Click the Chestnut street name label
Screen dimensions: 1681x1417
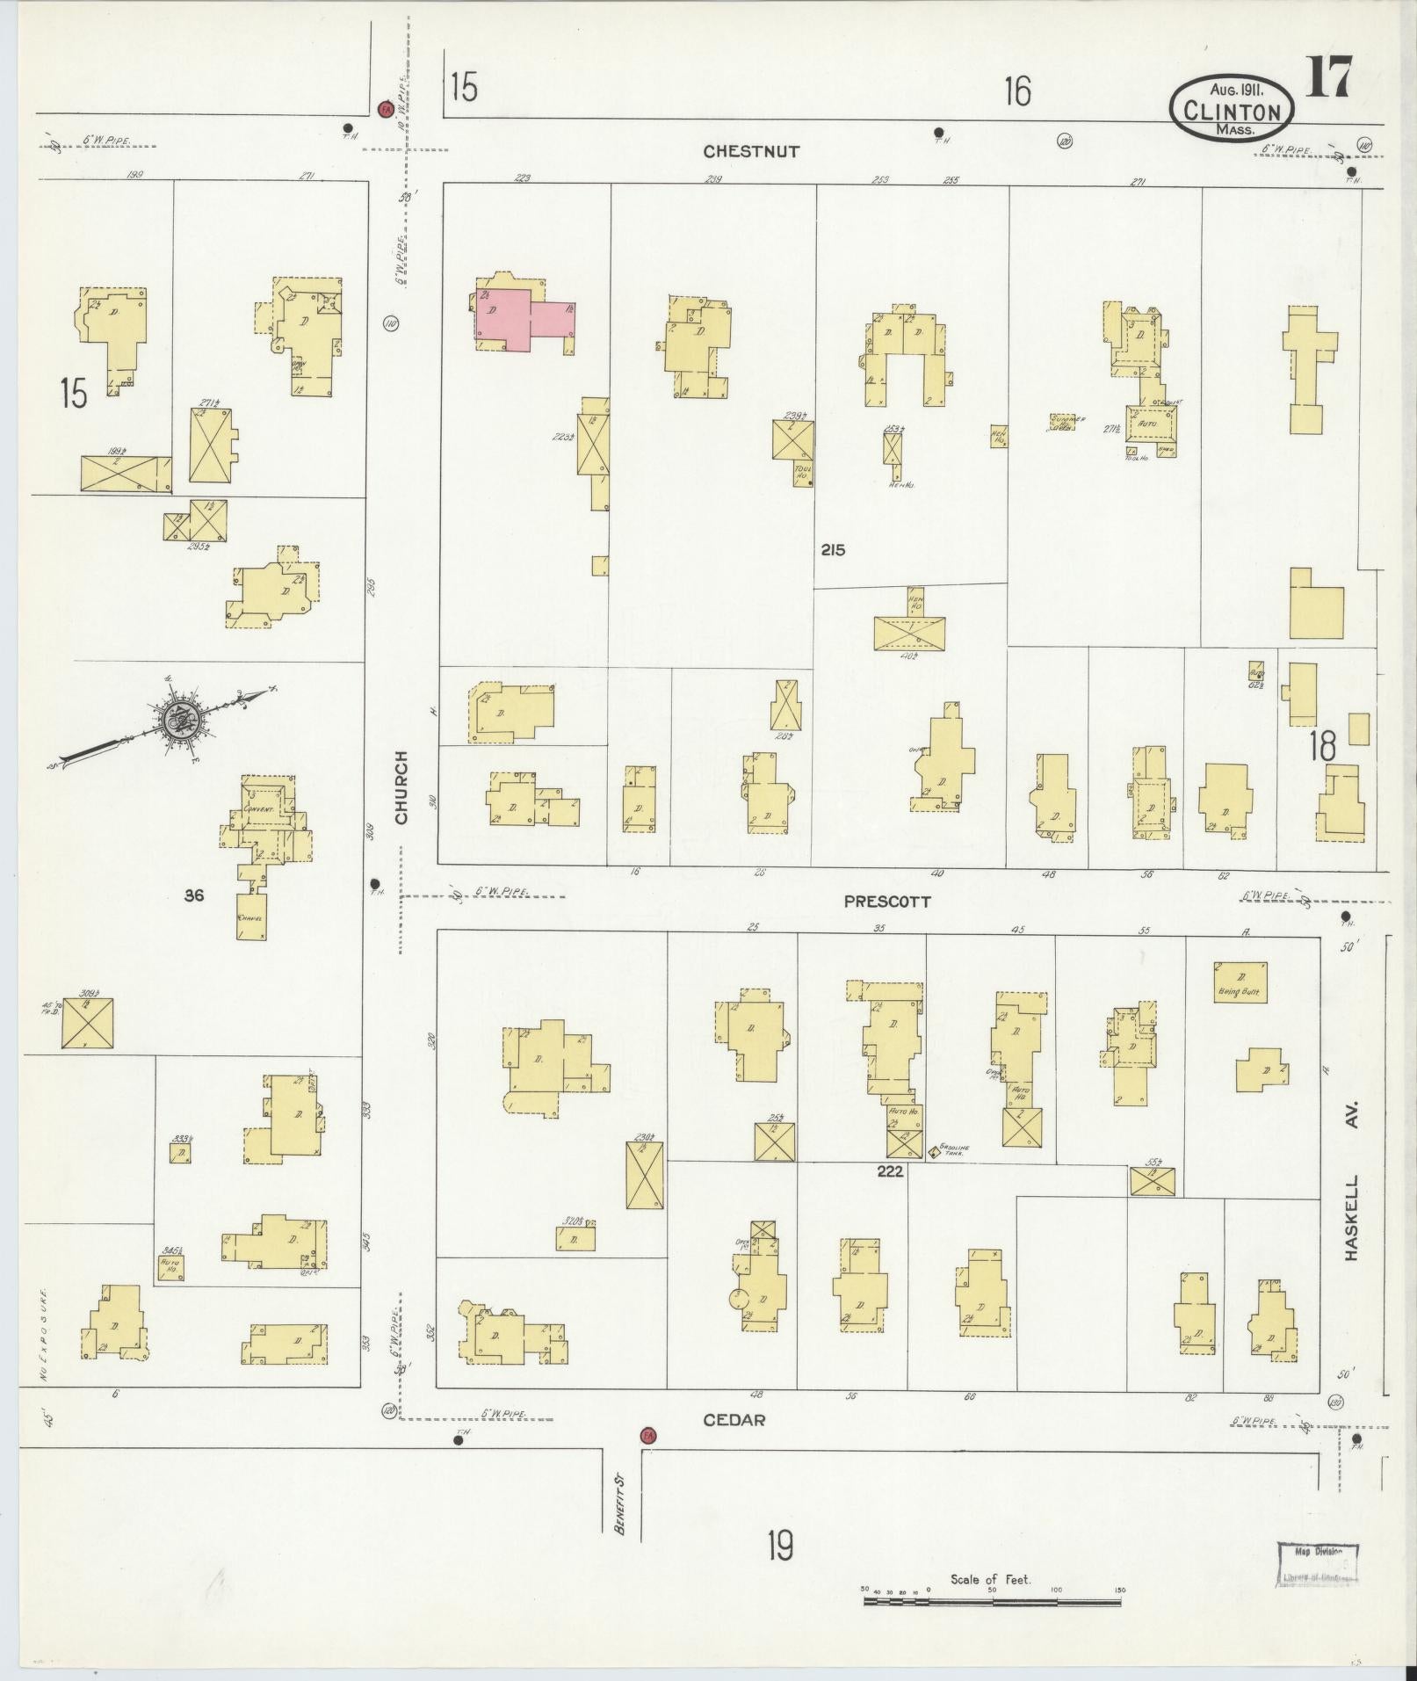(751, 151)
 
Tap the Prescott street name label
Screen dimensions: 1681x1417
(886, 902)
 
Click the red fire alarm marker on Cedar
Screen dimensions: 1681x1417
(648, 1435)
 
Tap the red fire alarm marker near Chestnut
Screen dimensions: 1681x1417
(384, 109)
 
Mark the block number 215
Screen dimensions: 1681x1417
(833, 550)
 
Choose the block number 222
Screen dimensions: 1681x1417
(889, 1171)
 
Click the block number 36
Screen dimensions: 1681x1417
(195, 895)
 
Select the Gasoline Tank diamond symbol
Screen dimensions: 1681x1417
(933, 1150)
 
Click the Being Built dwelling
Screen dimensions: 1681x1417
(1240, 982)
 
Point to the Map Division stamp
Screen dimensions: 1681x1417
(1317, 1565)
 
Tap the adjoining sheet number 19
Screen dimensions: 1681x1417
(779, 1545)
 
